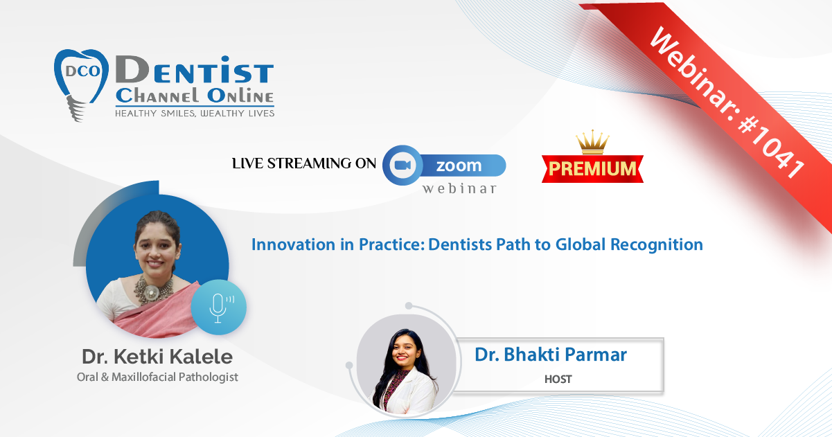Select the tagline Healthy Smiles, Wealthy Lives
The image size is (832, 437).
(x=195, y=114)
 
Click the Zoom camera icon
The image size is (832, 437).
(x=402, y=165)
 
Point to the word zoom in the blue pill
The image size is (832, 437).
(x=459, y=166)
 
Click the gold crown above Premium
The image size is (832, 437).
(x=592, y=142)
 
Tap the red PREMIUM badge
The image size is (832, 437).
(x=592, y=168)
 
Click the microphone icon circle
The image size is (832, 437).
(x=218, y=307)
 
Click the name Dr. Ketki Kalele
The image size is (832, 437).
(x=157, y=357)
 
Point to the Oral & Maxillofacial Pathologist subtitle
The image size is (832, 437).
(x=157, y=377)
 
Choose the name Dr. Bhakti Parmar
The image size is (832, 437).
(x=551, y=355)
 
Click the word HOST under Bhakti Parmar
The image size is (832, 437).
(x=558, y=380)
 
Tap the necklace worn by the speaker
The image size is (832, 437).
(x=153, y=289)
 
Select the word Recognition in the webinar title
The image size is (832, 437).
(x=657, y=244)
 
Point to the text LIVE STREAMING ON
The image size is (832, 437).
(x=304, y=163)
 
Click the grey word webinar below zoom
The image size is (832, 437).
(x=459, y=188)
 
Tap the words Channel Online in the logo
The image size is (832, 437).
(x=195, y=96)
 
